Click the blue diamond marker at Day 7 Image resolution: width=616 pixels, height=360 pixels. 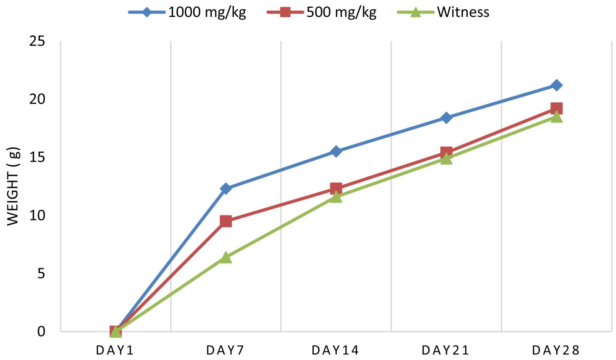coord(226,188)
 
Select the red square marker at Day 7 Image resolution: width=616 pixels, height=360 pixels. coord(226,221)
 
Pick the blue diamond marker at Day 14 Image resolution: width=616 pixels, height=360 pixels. coord(336,151)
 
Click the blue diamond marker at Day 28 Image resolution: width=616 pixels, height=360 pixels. coord(557,85)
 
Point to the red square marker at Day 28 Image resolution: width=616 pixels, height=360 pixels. coord(557,108)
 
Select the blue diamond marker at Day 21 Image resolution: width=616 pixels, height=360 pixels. coord(446,117)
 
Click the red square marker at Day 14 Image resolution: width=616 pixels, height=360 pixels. coord(336,188)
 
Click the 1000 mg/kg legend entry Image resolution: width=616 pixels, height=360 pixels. coord(188,12)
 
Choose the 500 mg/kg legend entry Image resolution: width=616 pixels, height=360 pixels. coord(322,12)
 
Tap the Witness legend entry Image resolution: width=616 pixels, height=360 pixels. coord(444,12)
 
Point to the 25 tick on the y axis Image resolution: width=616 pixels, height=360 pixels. coord(37,41)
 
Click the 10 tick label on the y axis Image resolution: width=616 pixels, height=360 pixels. coord(37,215)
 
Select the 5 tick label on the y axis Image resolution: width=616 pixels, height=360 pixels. coord(41,273)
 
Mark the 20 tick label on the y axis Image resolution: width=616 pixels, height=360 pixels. coord(37,99)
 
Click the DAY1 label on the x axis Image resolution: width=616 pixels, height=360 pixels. coord(115,350)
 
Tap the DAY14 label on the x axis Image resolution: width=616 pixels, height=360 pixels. coord(335,350)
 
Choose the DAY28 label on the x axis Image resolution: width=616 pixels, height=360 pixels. coord(556,350)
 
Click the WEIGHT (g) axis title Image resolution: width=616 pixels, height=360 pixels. coord(13,186)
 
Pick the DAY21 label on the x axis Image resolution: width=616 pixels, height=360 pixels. coord(445,350)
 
